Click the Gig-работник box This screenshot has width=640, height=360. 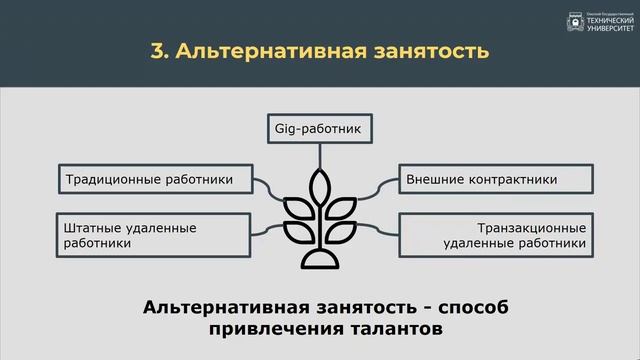coord(320,129)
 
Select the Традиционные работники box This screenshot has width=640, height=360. coord(149,180)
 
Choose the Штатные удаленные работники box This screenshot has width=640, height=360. coord(149,234)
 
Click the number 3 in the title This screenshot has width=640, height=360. coord(157,51)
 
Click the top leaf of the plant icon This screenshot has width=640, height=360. coord(320,185)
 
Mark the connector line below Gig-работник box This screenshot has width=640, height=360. coord(320,155)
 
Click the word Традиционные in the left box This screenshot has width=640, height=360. coord(109,180)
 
